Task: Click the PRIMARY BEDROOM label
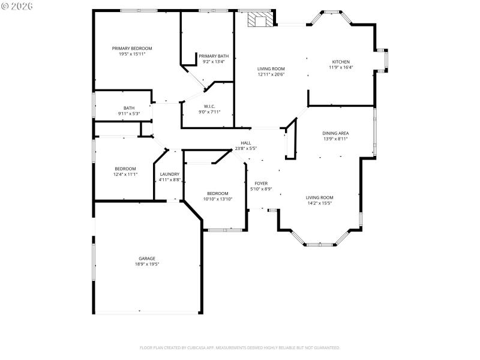[132, 48]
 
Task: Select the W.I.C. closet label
[209, 106]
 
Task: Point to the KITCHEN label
[341, 62]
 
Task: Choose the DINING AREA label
[335, 133]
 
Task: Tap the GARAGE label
[147, 259]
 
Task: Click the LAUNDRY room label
[169, 174]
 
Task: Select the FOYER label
[261, 183]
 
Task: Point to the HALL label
[246, 143]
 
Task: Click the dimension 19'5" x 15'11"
[132, 53]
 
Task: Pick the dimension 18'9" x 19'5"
[147, 264]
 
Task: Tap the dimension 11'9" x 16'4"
[341, 67]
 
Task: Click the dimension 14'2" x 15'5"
[320, 203]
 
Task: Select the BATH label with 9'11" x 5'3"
[129, 108]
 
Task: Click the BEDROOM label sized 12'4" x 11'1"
[125, 169]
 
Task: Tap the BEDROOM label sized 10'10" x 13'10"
[217, 193]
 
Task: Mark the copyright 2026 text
[17, 5]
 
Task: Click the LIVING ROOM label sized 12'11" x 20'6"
[271, 69]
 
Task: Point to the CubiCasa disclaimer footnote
[240, 347]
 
